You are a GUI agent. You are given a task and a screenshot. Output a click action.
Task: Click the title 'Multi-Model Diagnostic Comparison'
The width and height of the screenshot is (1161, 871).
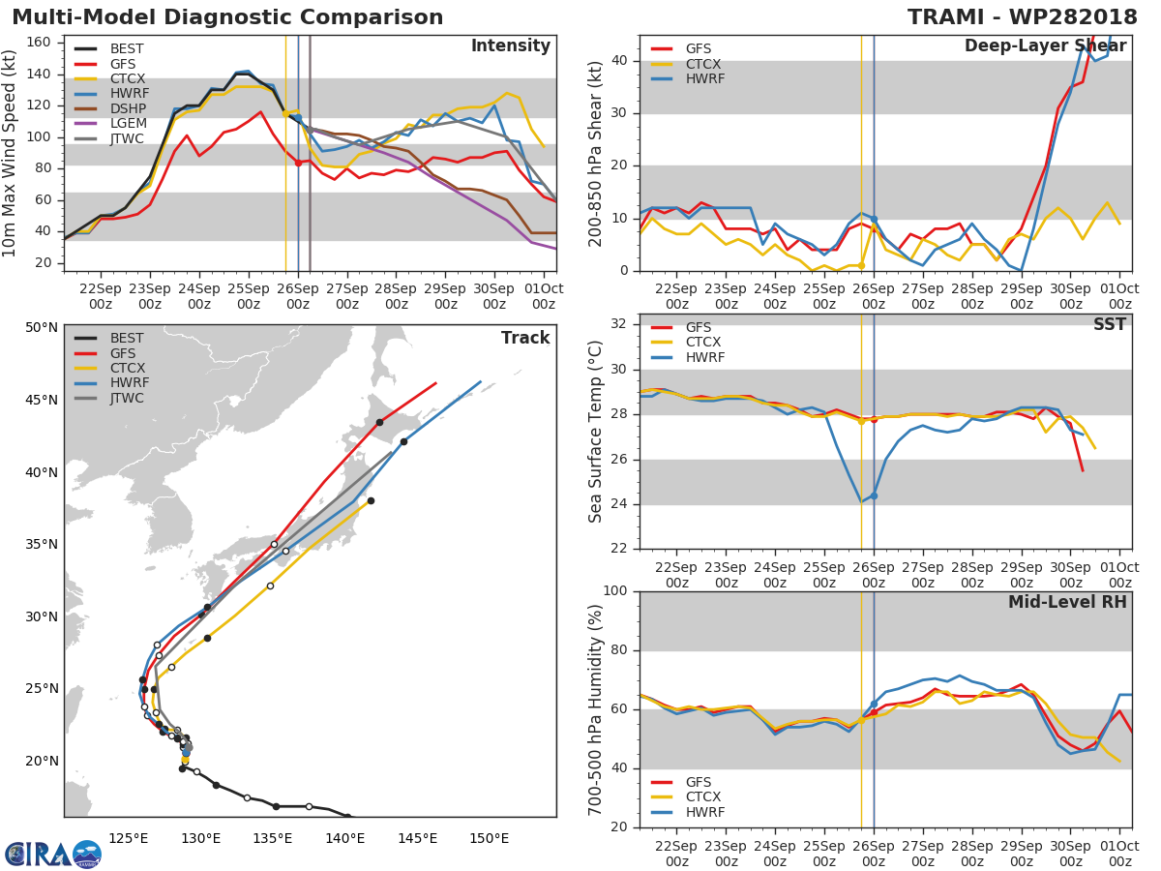pos(227,17)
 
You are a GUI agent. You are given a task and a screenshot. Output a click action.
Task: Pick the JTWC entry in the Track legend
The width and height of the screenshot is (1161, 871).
pos(127,399)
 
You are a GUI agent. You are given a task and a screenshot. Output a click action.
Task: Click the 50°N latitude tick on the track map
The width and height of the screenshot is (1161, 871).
pos(42,327)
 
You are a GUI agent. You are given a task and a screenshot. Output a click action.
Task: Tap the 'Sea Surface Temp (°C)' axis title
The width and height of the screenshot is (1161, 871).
pos(596,432)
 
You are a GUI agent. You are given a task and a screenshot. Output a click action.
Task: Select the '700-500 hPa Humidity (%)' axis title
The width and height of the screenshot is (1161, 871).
pos(596,709)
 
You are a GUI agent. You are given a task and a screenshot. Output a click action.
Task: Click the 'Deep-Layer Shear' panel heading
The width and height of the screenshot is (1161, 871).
pos(1045,46)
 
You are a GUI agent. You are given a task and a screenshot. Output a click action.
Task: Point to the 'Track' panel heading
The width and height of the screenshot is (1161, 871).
pos(524,338)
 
